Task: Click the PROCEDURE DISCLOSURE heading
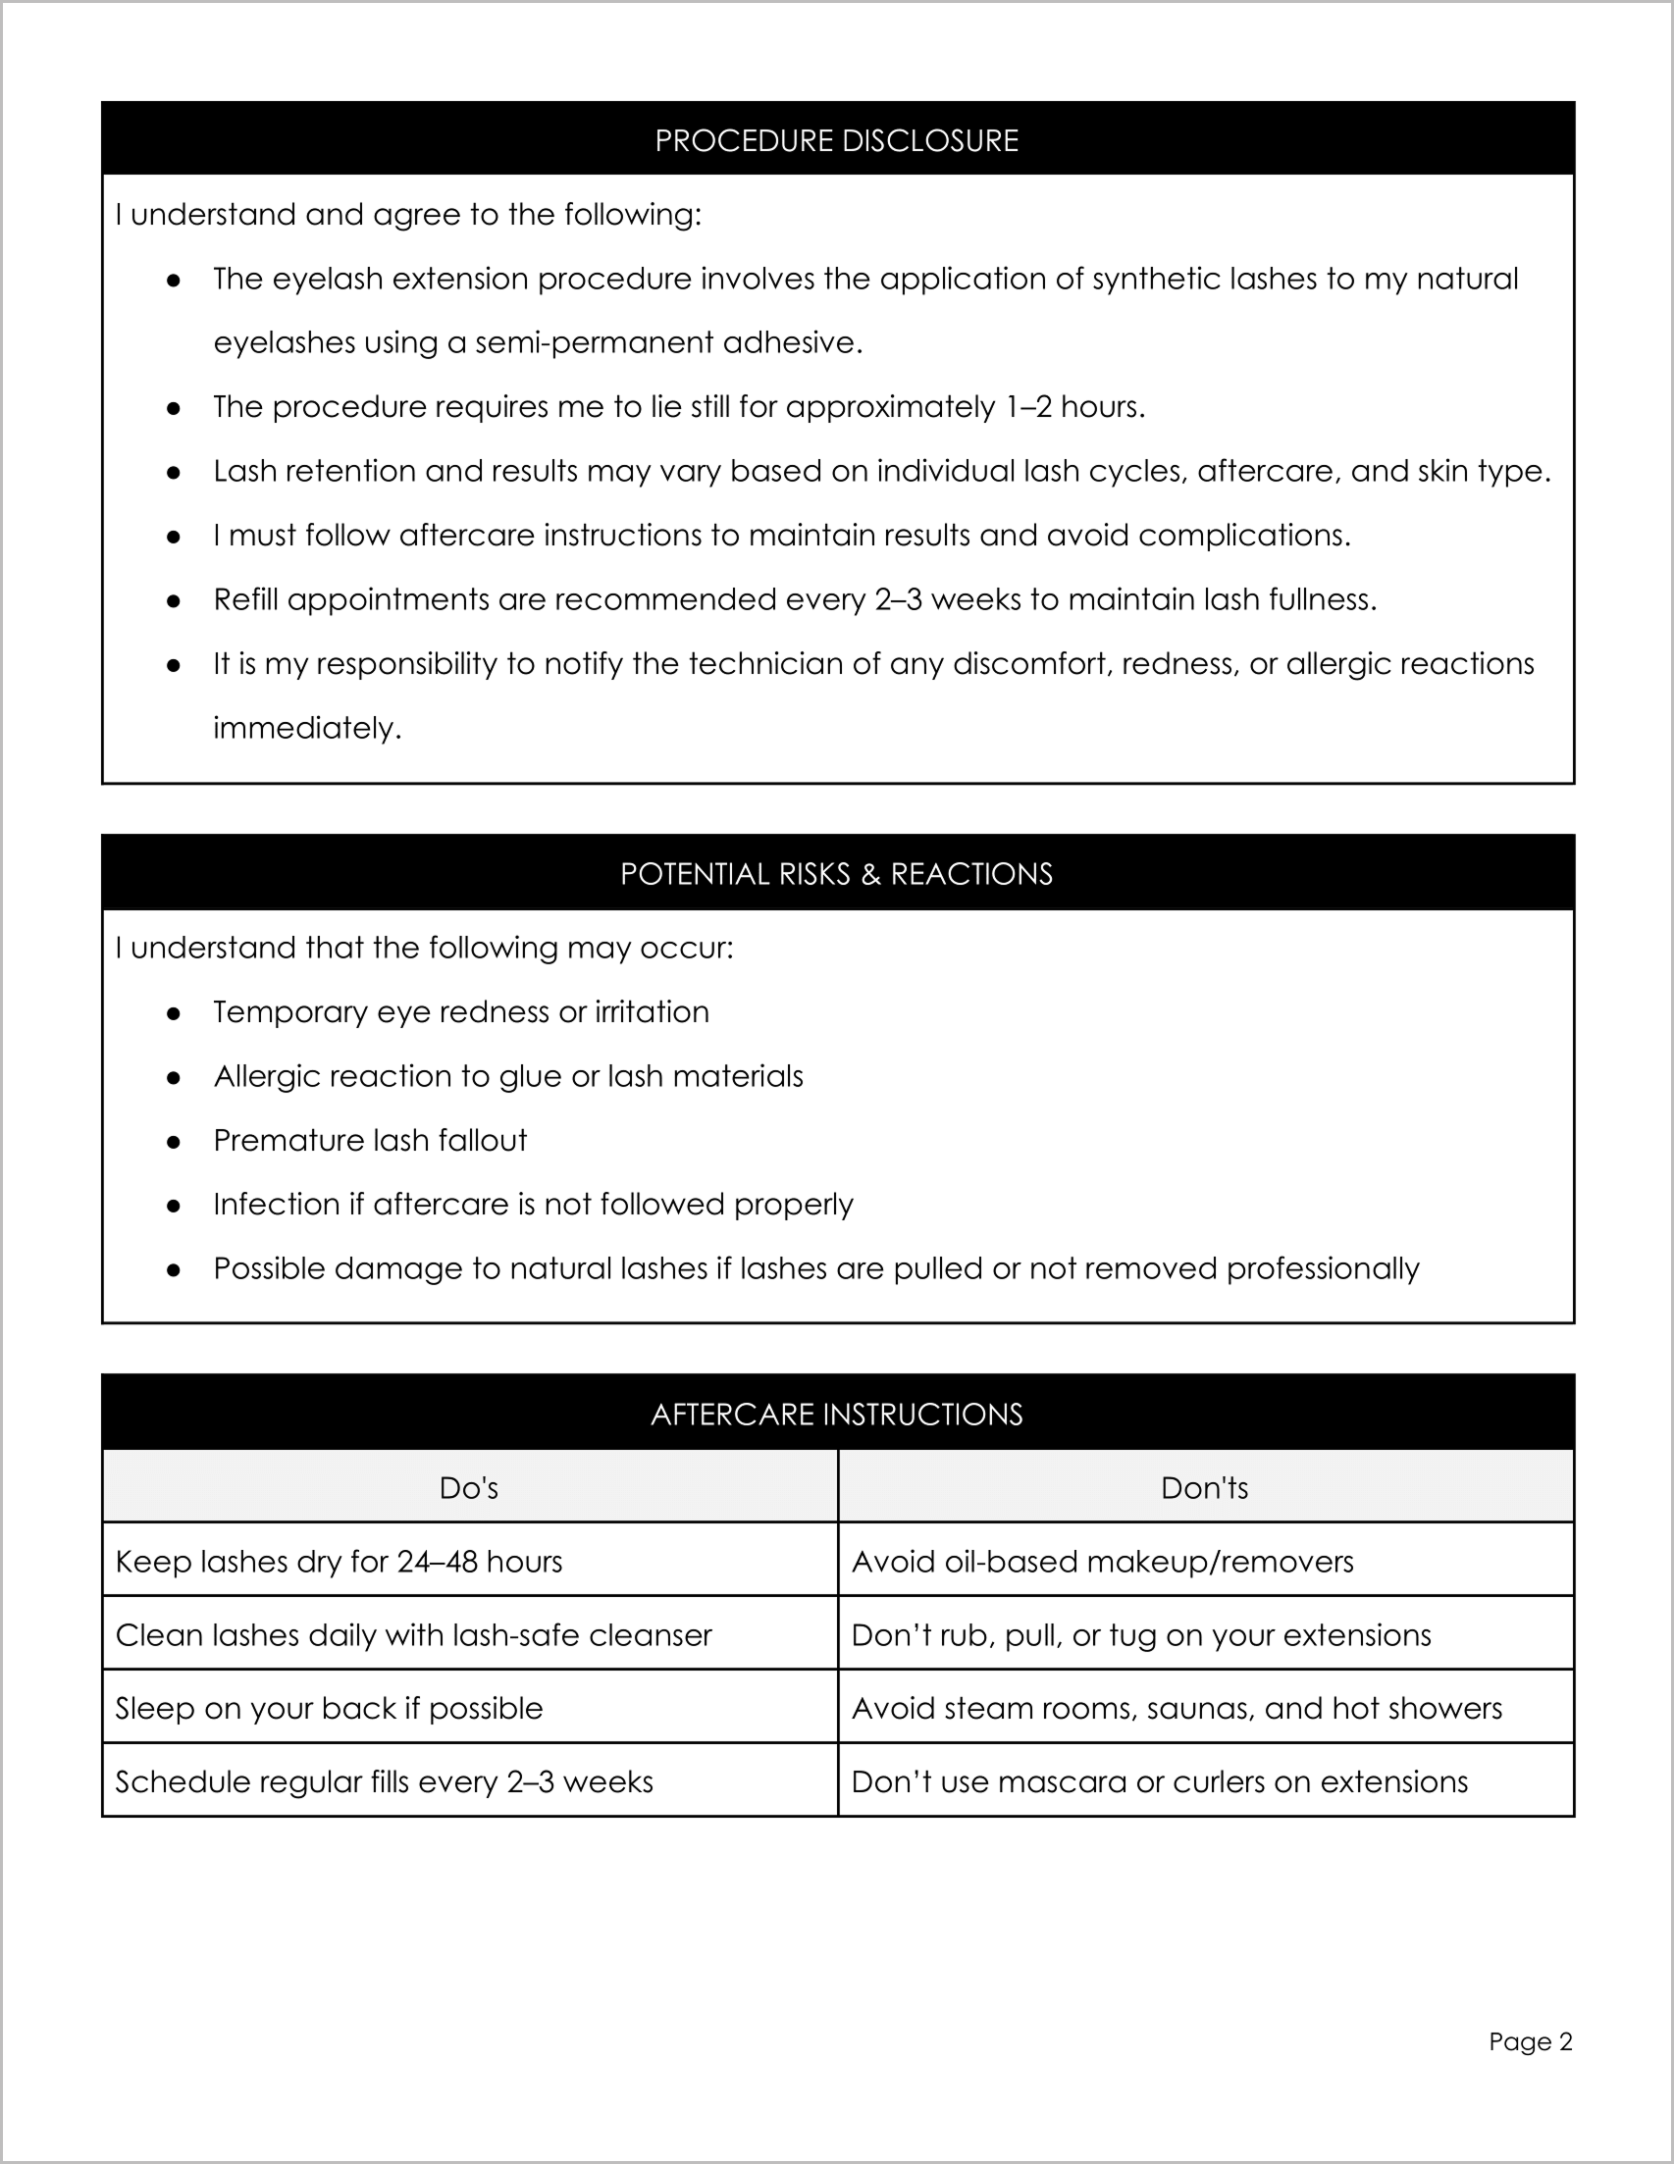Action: (836, 140)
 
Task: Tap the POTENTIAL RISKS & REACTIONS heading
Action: (836, 874)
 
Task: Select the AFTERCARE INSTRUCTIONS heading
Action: (836, 1414)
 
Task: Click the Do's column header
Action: (469, 1488)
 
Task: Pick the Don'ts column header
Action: (1204, 1488)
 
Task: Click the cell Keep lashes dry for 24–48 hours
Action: (339, 1563)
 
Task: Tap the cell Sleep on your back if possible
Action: (329, 1709)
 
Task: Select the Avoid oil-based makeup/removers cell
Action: (1102, 1563)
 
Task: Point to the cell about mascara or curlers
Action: (1160, 1782)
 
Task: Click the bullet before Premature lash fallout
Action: (174, 1143)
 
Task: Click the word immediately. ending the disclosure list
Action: (307, 728)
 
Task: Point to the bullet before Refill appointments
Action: (174, 601)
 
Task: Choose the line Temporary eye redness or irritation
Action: (461, 1012)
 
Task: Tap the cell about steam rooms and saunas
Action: (1177, 1709)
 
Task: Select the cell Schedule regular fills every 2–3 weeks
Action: (385, 1782)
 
